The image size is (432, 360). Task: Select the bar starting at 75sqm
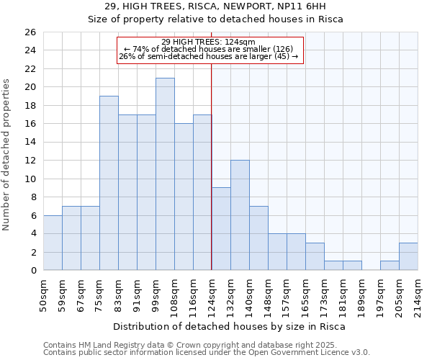[109, 183]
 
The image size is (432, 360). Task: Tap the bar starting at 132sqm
[240, 215]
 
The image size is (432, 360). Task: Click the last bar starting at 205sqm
[408, 256]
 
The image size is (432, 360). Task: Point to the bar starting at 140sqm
[258, 238]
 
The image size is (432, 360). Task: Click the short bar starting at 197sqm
[390, 266]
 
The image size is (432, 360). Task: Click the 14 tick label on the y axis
[30, 143]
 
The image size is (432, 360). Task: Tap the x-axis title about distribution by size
[230, 326]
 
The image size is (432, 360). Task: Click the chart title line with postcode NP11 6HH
[215, 6]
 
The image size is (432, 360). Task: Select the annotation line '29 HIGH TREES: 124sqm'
[208, 42]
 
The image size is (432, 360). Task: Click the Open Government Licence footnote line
[207, 352]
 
